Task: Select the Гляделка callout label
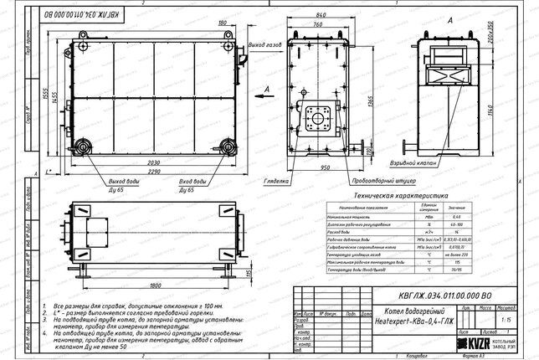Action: (x=276, y=179)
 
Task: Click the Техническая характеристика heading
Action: (x=395, y=193)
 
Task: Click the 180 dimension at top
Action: (x=222, y=23)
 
